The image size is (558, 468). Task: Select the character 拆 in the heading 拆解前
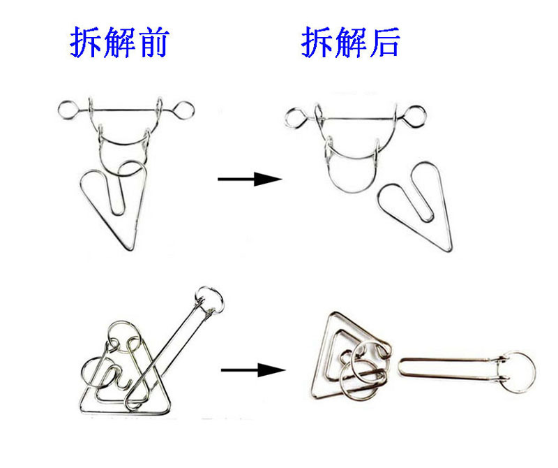(85, 43)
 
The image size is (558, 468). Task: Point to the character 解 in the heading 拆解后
(349, 43)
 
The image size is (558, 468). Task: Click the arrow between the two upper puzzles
(249, 180)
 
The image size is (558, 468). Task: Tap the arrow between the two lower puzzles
(253, 370)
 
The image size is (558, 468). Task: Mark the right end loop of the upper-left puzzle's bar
(184, 110)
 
